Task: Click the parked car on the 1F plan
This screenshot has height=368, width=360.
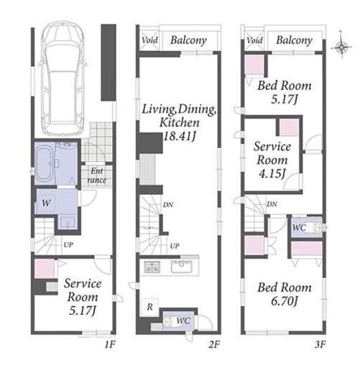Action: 63,78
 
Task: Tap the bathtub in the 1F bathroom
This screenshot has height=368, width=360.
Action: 45,163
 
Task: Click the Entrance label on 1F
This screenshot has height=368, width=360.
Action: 97,175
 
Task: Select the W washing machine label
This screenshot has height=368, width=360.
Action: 46,203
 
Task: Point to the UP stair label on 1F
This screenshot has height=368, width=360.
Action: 68,245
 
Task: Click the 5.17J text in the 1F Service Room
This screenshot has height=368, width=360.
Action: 83,310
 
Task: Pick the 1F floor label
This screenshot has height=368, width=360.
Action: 110,344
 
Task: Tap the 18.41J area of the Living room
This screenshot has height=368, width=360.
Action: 180,137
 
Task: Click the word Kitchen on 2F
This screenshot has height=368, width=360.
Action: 180,123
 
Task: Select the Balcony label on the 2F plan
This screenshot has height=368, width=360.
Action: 188,40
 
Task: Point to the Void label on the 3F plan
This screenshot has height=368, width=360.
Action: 254,40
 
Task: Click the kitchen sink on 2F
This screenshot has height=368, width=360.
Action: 182,267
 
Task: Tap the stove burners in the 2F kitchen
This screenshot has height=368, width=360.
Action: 152,267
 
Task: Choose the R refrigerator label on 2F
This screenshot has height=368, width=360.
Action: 150,307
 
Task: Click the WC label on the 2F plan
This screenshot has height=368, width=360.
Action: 183,321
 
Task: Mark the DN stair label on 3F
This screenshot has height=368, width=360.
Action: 272,204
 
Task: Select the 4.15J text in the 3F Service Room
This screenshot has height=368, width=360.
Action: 272,174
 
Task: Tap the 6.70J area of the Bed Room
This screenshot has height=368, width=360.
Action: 285,301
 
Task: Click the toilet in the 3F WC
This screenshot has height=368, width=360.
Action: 315,228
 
